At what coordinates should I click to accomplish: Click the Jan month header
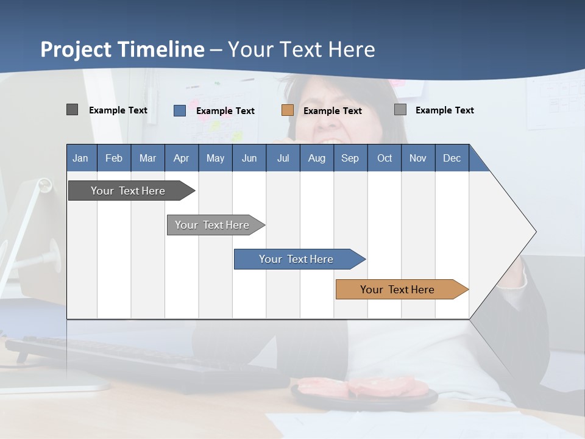[x=80, y=158]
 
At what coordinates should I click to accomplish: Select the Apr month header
[x=181, y=158]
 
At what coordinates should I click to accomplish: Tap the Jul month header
[x=283, y=158]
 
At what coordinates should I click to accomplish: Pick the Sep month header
[x=350, y=158]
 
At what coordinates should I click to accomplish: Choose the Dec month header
[x=452, y=158]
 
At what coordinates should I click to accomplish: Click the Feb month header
[x=114, y=158]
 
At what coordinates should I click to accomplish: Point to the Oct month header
[x=385, y=158]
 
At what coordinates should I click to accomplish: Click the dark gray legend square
[x=72, y=110]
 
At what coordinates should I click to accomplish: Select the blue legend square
[x=179, y=110]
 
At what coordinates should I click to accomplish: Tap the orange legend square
[x=287, y=110]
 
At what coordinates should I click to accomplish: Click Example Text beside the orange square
[x=332, y=111]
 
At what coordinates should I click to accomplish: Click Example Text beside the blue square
[x=225, y=111]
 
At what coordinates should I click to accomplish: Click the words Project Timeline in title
[x=122, y=49]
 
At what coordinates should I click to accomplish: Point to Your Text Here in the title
[x=302, y=49]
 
